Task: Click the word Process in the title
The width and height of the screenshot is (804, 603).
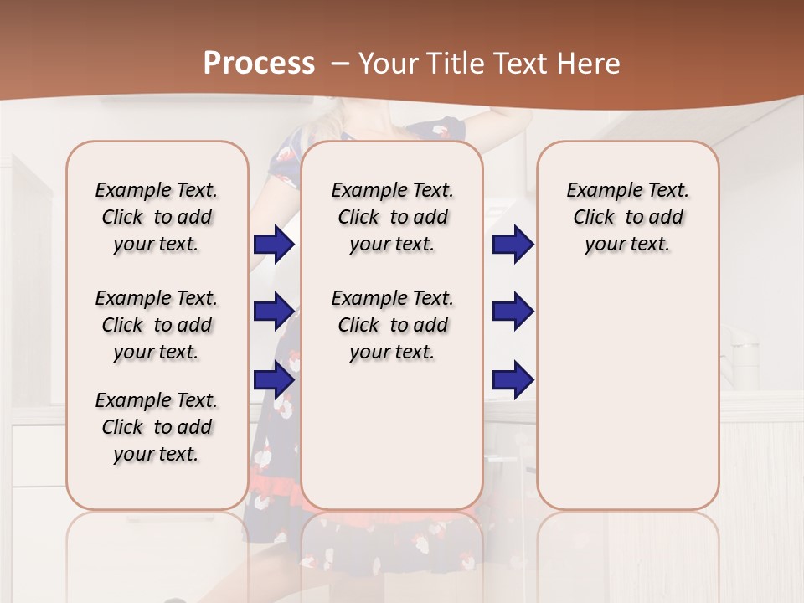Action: (259, 63)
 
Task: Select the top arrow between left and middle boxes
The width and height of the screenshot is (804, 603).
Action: (274, 244)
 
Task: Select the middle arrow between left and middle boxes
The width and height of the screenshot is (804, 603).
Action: (274, 312)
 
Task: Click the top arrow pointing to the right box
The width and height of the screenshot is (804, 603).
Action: (513, 244)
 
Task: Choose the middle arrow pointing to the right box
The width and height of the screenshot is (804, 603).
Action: (513, 312)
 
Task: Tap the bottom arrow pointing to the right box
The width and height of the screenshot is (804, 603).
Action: (513, 379)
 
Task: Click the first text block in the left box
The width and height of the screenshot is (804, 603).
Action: (157, 217)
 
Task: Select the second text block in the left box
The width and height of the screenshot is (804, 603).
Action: (157, 325)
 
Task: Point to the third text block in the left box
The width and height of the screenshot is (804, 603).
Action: (157, 427)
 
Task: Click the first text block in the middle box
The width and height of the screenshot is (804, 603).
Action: (392, 217)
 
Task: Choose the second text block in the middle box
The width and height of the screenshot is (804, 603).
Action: (392, 325)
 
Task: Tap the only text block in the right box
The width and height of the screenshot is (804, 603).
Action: (627, 217)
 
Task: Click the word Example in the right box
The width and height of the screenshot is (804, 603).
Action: (600, 191)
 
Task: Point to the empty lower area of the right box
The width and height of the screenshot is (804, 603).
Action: (627, 394)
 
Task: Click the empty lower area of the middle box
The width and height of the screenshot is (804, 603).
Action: (392, 435)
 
